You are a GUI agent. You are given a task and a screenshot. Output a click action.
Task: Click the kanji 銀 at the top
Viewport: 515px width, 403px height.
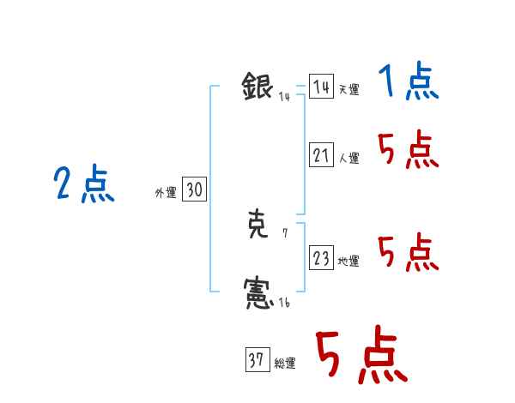point(257,87)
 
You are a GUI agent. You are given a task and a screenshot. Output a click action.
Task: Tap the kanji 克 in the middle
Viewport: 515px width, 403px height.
point(258,226)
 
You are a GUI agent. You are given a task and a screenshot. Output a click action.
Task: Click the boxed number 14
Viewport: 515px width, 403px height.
point(321,87)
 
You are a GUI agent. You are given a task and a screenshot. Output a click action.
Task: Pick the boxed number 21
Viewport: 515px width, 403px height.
point(321,155)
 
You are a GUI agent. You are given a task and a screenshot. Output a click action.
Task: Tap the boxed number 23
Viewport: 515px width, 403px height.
point(321,258)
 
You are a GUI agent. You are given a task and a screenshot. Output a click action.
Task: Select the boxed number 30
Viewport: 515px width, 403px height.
point(194,190)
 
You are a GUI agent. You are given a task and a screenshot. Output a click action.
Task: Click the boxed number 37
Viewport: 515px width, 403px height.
point(257,361)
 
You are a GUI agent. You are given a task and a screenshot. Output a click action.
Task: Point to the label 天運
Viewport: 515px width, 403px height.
point(348,90)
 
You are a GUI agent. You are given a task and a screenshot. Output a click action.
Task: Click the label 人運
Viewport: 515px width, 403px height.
point(348,159)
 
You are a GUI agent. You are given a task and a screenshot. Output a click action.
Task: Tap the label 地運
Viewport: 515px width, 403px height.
point(348,262)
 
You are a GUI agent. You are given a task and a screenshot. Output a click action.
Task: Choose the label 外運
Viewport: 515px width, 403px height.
point(166,194)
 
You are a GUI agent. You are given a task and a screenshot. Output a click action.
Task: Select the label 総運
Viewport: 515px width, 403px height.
point(284,364)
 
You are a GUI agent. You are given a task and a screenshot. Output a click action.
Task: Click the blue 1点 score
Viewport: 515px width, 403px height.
point(409,83)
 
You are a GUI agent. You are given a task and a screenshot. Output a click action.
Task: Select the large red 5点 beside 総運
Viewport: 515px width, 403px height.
point(360,356)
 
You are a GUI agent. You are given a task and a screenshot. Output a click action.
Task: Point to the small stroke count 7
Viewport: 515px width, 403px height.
point(285,232)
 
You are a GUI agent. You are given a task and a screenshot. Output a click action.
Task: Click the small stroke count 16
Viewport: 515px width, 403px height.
point(284,303)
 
